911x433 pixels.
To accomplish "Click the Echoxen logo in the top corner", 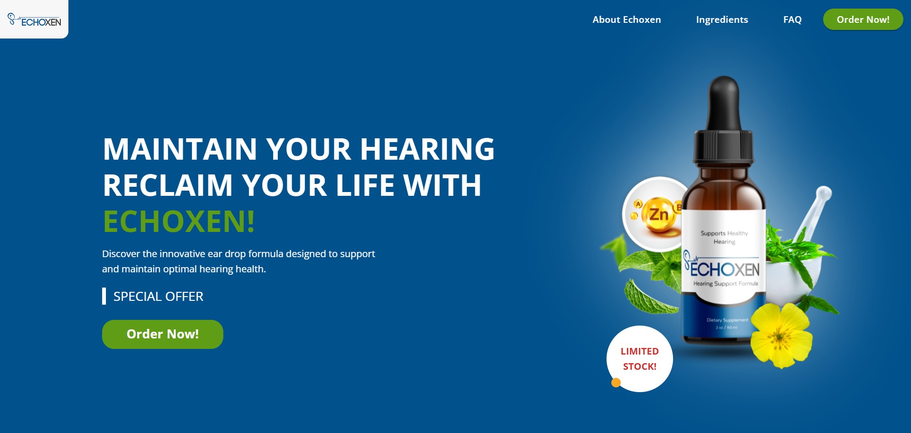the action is point(34,19).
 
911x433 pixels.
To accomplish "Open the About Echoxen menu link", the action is point(626,19).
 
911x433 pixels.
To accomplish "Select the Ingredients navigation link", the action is point(722,19).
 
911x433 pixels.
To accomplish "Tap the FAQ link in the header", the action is point(792,19).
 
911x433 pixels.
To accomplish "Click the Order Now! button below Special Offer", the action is point(162,334).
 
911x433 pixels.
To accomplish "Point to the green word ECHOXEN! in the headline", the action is point(179,221).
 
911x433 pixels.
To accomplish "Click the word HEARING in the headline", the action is point(427,149).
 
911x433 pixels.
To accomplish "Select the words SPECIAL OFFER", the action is point(158,297).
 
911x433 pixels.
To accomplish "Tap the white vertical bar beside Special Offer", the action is point(104,296).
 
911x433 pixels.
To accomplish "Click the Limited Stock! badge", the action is point(640,359).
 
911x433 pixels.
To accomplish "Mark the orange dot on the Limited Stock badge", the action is point(616,383).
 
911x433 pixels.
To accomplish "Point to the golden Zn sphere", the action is point(658,215).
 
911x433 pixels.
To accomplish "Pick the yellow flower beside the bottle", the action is point(781,336).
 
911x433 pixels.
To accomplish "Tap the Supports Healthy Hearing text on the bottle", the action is point(724,237).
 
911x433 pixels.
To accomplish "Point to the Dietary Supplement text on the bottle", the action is point(727,320).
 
